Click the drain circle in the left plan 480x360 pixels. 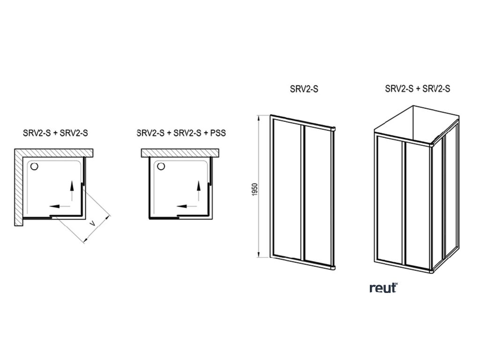pos(33,165)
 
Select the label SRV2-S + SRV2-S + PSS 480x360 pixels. pos(181,133)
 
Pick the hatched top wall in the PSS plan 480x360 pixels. pos(181,152)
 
